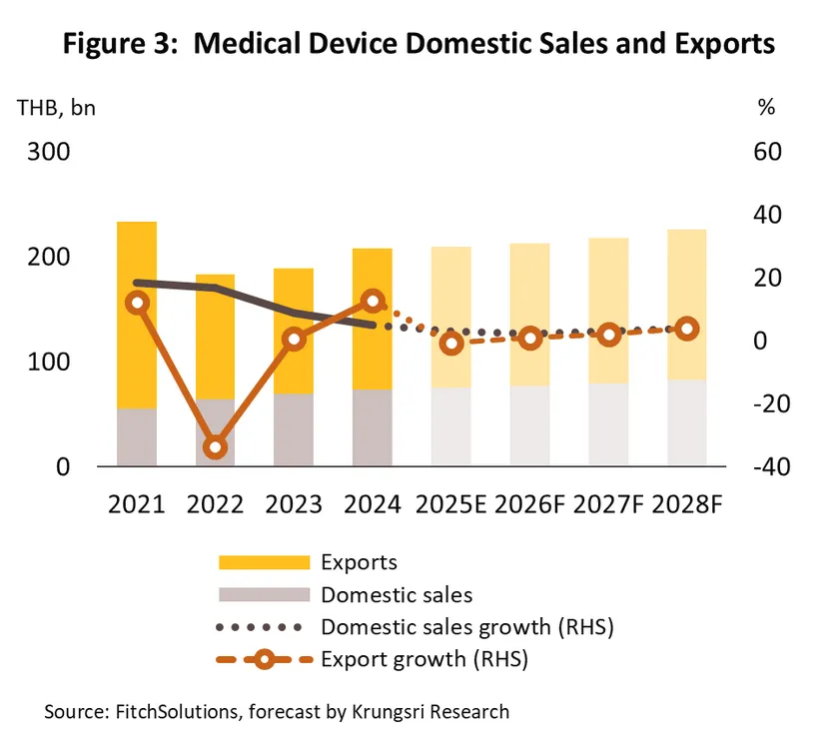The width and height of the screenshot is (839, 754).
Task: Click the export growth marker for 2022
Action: pyautogui.click(x=216, y=446)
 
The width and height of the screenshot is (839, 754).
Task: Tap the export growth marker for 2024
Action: pyautogui.click(x=373, y=301)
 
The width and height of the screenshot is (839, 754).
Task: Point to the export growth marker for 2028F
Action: pyautogui.click(x=687, y=329)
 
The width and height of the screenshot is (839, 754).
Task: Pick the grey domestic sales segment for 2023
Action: pyautogui.click(x=294, y=429)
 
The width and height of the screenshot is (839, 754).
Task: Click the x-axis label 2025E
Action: pyautogui.click(x=451, y=503)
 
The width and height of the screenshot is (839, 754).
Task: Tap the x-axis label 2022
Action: pyautogui.click(x=216, y=503)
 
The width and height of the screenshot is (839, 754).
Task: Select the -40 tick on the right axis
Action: pyautogui.click(x=760, y=466)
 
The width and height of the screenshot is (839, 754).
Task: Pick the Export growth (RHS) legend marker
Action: pyautogui.click(x=263, y=659)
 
